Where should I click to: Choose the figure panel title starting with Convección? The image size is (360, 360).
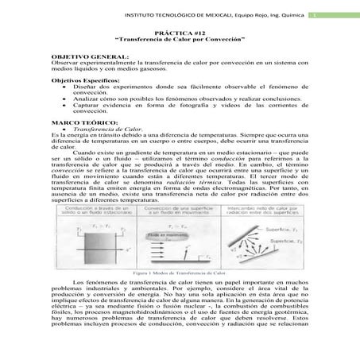point(180,209)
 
